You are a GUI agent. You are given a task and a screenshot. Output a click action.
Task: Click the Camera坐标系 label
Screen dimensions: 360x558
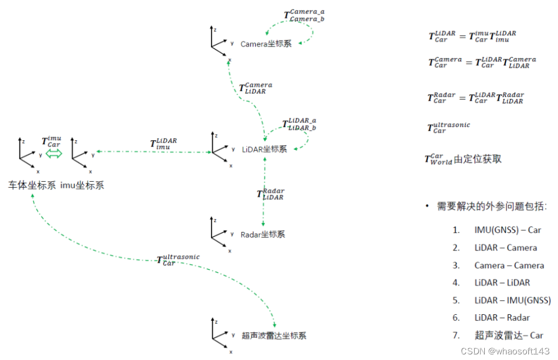click(266, 44)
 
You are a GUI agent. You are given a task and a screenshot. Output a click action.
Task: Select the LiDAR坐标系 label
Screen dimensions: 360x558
click(264, 149)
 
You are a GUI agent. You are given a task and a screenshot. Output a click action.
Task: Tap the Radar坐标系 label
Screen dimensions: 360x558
click(263, 234)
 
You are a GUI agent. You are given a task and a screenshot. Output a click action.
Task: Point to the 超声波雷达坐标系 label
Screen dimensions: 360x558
click(274, 335)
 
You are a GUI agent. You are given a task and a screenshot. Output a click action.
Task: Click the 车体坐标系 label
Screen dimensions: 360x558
click(32, 185)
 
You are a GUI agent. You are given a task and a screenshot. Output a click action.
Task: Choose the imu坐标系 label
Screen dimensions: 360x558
click(82, 185)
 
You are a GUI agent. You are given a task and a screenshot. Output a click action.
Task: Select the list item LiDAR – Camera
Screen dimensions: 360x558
click(505, 248)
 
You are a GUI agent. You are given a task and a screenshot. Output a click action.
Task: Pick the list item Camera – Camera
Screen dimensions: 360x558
click(509, 265)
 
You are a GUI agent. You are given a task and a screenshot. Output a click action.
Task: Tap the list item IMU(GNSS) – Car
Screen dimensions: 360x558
click(508, 230)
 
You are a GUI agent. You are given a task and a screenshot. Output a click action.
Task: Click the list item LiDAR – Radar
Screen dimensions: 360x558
click(502, 318)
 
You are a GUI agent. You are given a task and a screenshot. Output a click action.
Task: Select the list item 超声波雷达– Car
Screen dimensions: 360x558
click(508, 335)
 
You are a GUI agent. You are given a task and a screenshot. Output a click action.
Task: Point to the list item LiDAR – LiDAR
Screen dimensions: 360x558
click(502, 283)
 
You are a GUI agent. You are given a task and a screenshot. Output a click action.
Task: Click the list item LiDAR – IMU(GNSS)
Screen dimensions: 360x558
click(512, 300)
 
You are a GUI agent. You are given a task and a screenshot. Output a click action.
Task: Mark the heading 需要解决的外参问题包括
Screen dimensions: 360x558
click(492, 206)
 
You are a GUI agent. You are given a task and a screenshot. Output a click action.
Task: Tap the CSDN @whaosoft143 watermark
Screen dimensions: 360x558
click(505, 350)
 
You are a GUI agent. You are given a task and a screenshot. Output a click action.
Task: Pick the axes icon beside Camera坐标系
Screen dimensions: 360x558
click(220, 40)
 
